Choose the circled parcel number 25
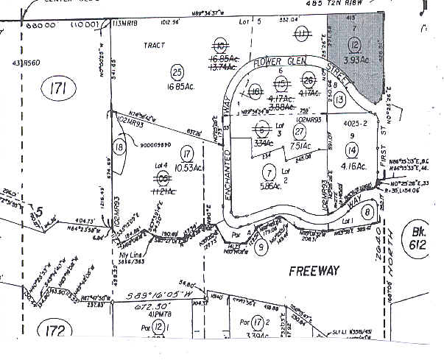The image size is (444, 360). tap(176, 71)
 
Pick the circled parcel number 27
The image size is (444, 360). tap(299, 131)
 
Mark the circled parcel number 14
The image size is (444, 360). tap(352, 149)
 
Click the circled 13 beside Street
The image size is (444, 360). tap(338, 98)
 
